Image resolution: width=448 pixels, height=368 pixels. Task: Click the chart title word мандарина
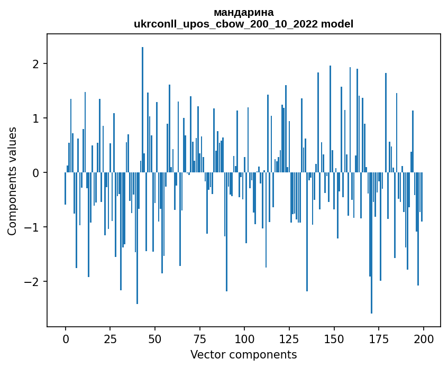243,12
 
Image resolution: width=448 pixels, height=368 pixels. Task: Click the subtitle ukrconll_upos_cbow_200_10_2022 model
243,24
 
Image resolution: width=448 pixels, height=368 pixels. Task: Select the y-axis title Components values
12,181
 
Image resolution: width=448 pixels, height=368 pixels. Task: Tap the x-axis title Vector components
243,354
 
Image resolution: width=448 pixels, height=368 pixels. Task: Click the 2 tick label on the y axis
36,64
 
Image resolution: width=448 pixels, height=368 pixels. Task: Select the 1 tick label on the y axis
36,118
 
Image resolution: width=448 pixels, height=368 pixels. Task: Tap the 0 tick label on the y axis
36,173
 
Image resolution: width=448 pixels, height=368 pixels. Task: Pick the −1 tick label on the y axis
32,227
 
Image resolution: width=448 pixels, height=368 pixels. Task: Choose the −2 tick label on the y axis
32,282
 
